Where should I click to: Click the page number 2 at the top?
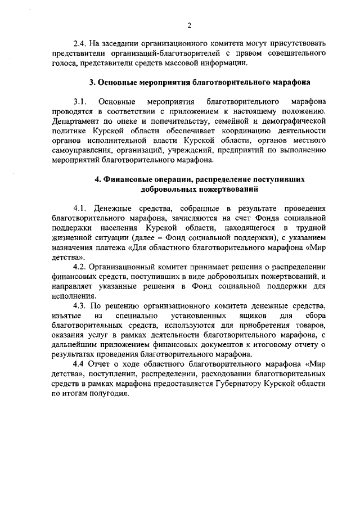[x=190, y=25]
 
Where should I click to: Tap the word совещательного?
[x=296, y=53]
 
